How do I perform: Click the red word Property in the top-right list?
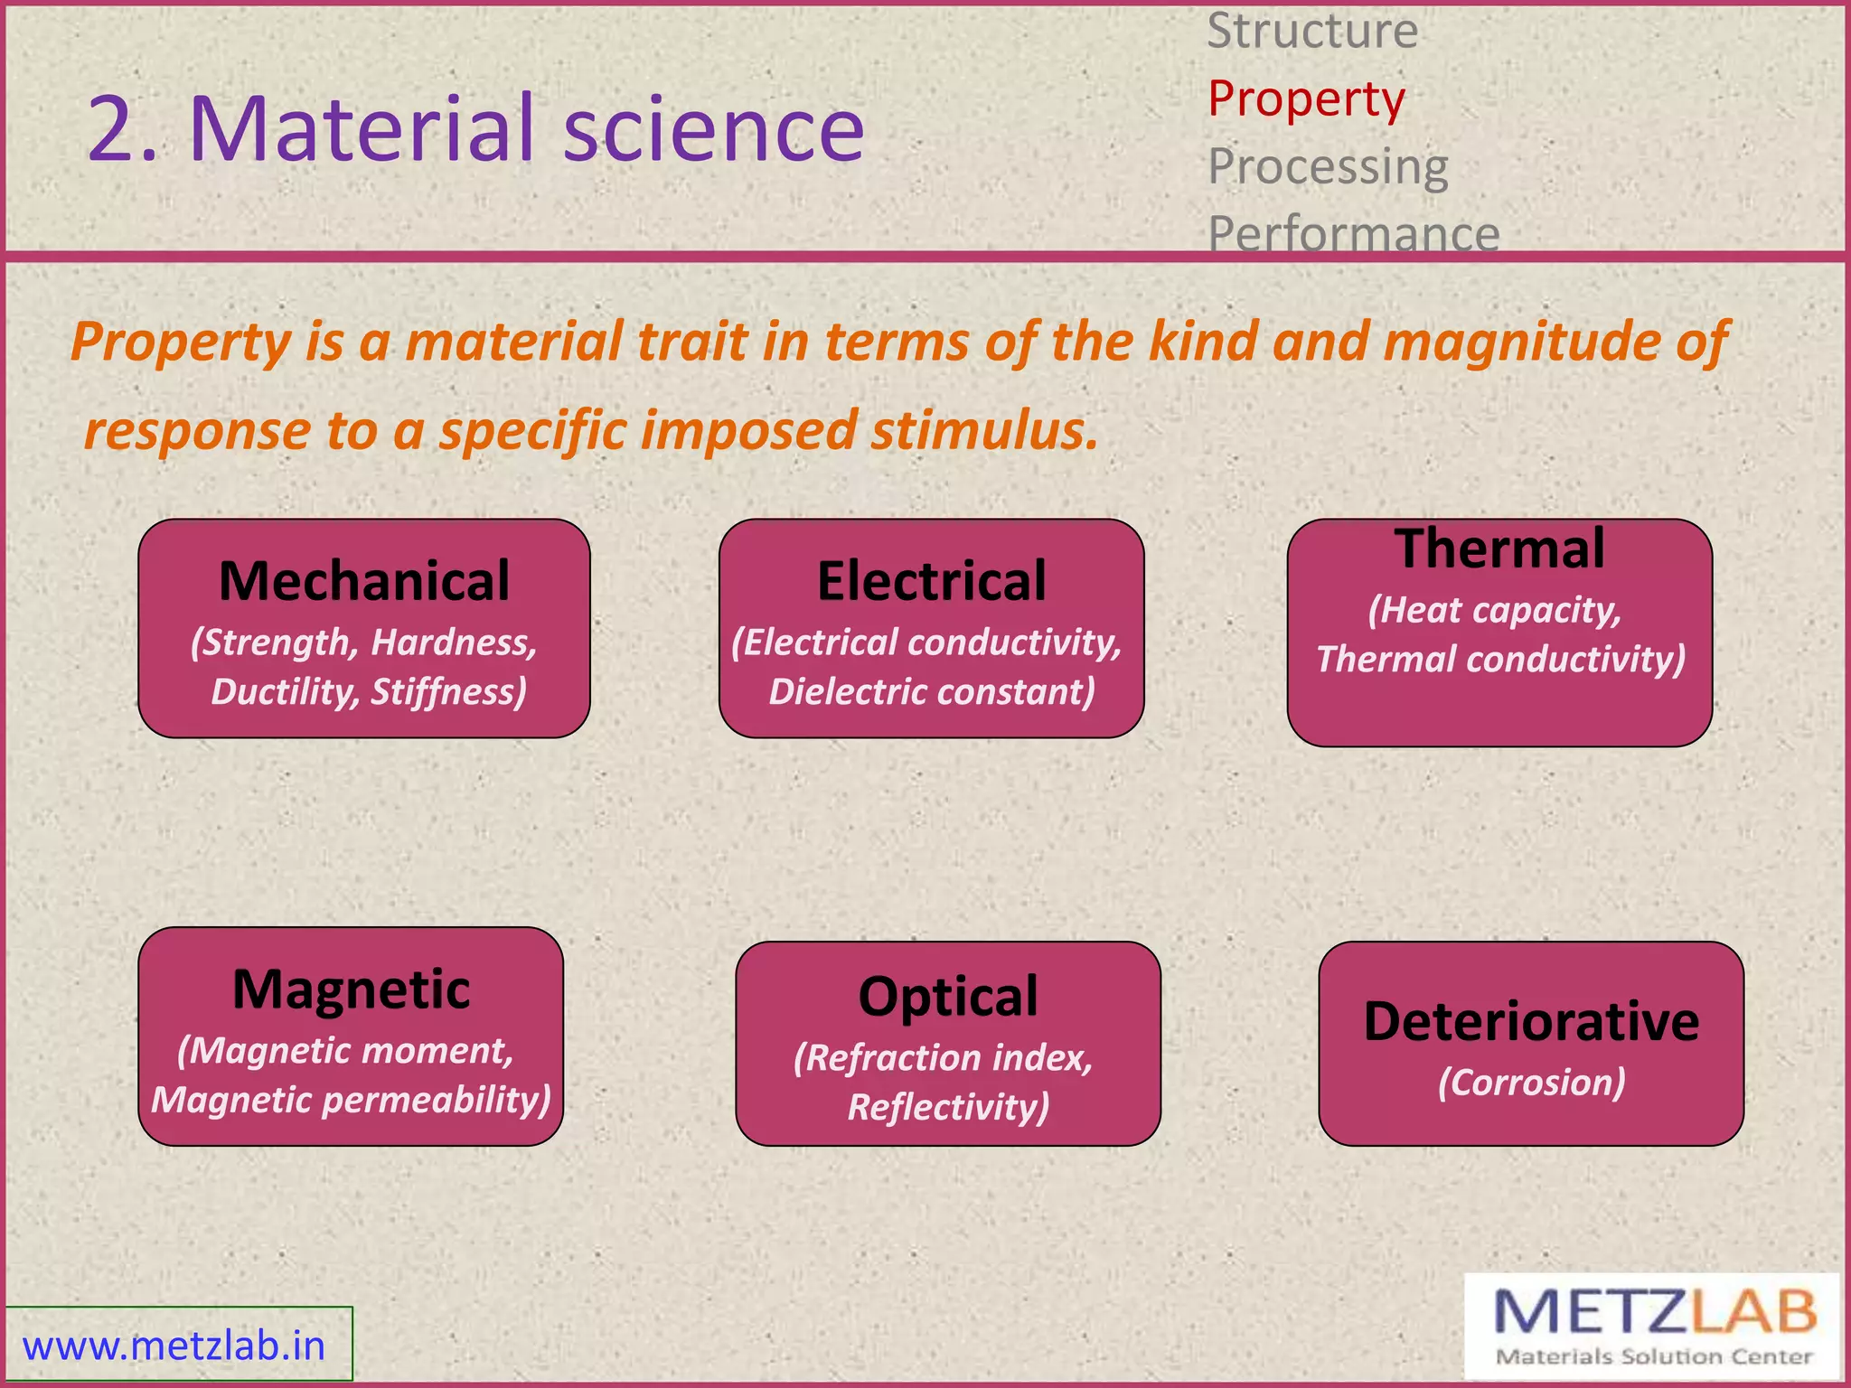tap(1306, 99)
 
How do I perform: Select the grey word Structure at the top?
tap(1312, 33)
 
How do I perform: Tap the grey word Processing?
tap(1328, 167)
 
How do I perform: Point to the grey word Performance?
tap(1353, 233)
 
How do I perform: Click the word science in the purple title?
tap(713, 128)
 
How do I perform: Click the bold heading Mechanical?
tap(364, 581)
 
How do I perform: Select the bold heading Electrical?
tap(931, 581)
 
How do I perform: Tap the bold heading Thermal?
tap(1499, 549)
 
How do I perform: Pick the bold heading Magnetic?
tap(351, 989)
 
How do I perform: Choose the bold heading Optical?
tap(947, 997)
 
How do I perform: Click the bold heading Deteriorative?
tap(1531, 1022)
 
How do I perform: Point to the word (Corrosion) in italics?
tap(1531, 1083)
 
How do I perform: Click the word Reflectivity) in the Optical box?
tap(948, 1107)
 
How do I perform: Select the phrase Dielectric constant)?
tap(931, 692)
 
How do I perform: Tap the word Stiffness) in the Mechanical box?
tap(448, 692)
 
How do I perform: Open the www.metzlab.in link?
tap(174, 1346)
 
